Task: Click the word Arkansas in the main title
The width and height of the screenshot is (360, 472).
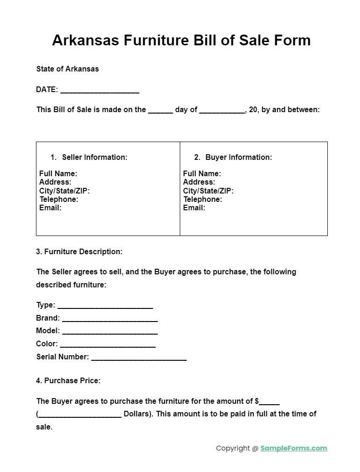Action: [86, 40]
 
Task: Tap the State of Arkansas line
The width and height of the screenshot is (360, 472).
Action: [68, 69]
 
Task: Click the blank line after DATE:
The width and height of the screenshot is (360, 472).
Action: [99, 90]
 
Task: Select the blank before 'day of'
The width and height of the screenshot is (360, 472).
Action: [160, 111]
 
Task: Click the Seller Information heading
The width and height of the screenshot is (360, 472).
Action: [94, 157]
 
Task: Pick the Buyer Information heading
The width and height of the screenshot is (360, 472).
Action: [239, 157]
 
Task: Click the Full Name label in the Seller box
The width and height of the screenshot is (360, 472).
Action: [58, 173]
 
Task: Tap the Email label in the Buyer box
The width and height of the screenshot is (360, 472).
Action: [194, 207]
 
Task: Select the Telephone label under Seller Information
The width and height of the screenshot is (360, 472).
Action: [59, 199]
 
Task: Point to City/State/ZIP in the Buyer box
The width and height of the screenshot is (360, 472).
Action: [208, 191]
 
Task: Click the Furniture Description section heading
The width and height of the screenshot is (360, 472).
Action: [79, 251]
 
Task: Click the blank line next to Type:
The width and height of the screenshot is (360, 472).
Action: [105, 306]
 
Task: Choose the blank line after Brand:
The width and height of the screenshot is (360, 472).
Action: [110, 319]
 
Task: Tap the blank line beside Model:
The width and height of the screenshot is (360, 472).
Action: [110, 332]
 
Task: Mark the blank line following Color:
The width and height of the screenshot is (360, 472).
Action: [108, 345]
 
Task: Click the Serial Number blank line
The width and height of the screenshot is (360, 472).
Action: [139, 358]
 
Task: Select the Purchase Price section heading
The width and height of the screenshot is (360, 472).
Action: [68, 380]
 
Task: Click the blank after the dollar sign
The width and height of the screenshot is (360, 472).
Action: [269, 402]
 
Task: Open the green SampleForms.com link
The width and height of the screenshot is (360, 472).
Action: [294, 448]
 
